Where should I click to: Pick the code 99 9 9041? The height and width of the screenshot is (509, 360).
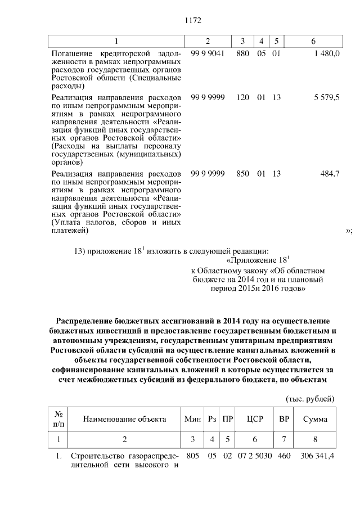point(208,52)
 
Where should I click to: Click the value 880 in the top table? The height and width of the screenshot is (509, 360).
point(242,52)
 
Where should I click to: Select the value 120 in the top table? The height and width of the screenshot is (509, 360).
point(242,97)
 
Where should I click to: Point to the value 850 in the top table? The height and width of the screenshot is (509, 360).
point(242,174)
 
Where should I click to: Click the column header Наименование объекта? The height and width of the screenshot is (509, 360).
point(124,419)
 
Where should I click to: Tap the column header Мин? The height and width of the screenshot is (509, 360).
point(192,419)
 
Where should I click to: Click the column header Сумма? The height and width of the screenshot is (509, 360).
point(315,419)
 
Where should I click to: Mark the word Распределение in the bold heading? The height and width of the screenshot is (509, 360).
point(84,321)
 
